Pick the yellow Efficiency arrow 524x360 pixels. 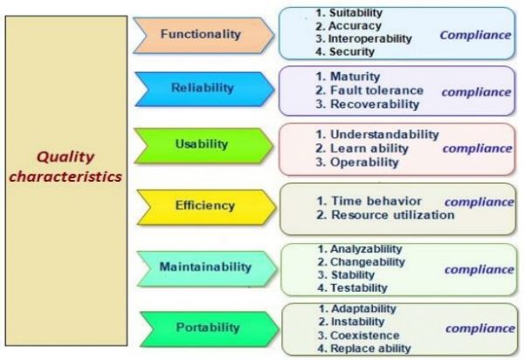coord(203,206)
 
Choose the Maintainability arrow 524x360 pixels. coord(203,267)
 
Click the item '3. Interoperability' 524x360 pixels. coord(364,38)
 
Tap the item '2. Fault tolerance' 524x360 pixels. coord(369,90)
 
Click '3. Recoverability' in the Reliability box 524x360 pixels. coord(368,104)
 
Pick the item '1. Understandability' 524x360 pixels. coord(377,135)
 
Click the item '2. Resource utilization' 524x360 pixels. coord(385,215)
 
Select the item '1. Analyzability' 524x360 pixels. coord(361,248)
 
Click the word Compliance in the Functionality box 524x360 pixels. coord(475,36)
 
